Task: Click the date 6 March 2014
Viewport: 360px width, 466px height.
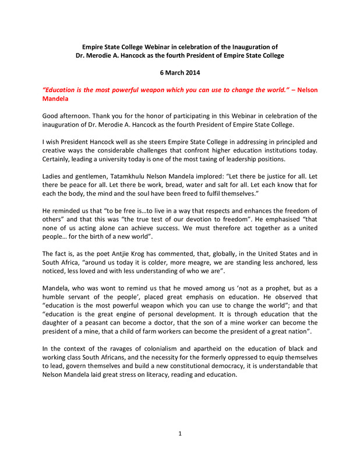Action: point(179,73)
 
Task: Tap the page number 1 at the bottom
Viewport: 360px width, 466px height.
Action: point(180,433)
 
